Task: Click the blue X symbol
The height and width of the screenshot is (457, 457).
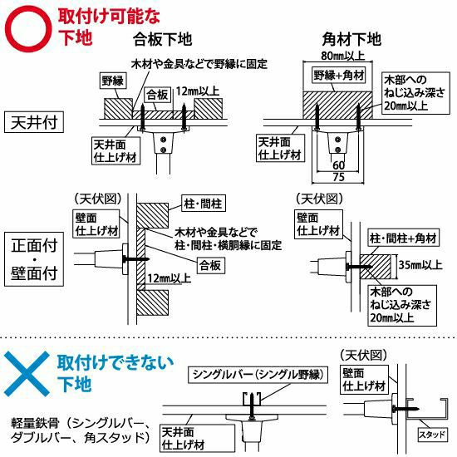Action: (x=27, y=374)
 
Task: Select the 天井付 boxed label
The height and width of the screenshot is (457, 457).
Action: (x=34, y=122)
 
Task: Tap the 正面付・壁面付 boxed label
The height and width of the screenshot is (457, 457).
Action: (x=34, y=259)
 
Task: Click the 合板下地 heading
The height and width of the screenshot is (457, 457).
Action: (x=163, y=39)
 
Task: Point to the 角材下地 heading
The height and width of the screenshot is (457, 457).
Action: (x=351, y=39)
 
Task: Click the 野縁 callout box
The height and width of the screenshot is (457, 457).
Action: (x=112, y=81)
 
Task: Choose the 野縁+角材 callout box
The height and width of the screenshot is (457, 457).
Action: (x=339, y=76)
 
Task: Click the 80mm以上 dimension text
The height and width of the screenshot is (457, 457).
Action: (x=342, y=56)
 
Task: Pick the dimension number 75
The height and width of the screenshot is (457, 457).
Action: (x=338, y=177)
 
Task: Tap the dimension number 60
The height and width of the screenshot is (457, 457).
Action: (x=338, y=165)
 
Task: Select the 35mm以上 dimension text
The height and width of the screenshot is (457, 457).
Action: (x=420, y=265)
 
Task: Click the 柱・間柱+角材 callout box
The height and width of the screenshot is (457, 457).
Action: (x=403, y=238)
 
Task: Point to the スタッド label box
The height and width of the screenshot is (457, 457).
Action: (x=433, y=435)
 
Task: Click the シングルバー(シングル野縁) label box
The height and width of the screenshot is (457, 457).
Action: (x=258, y=375)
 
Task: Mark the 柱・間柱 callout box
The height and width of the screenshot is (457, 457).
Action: (x=203, y=204)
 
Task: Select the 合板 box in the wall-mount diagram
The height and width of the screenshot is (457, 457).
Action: (x=210, y=265)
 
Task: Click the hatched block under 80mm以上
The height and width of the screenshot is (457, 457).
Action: (x=337, y=106)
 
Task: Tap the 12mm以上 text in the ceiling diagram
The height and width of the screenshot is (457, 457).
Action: (x=198, y=91)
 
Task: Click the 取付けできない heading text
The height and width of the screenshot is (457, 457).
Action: (x=115, y=363)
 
